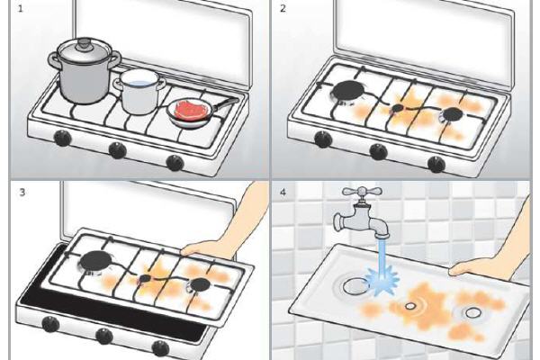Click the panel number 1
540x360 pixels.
pos(21,8)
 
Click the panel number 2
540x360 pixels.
pos(283,8)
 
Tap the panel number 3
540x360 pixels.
pos(22,192)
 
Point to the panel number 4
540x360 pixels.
pos(283,193)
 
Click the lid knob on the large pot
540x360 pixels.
pos(83,43)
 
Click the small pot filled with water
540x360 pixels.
pos(139,91)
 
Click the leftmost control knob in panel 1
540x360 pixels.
pos(62,138)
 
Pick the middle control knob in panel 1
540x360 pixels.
pos(117,150)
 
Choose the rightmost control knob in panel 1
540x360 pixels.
pos(175,163)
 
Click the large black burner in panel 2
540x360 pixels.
pos(348,91)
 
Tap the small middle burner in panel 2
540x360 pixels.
pos(398,108)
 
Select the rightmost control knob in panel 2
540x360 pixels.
pos(436,165)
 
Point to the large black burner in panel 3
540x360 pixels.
pos(97,260)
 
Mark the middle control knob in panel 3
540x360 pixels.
pos(104,336)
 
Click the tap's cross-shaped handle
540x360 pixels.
pos(361,192)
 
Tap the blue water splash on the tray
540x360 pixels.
pos(382,280)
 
